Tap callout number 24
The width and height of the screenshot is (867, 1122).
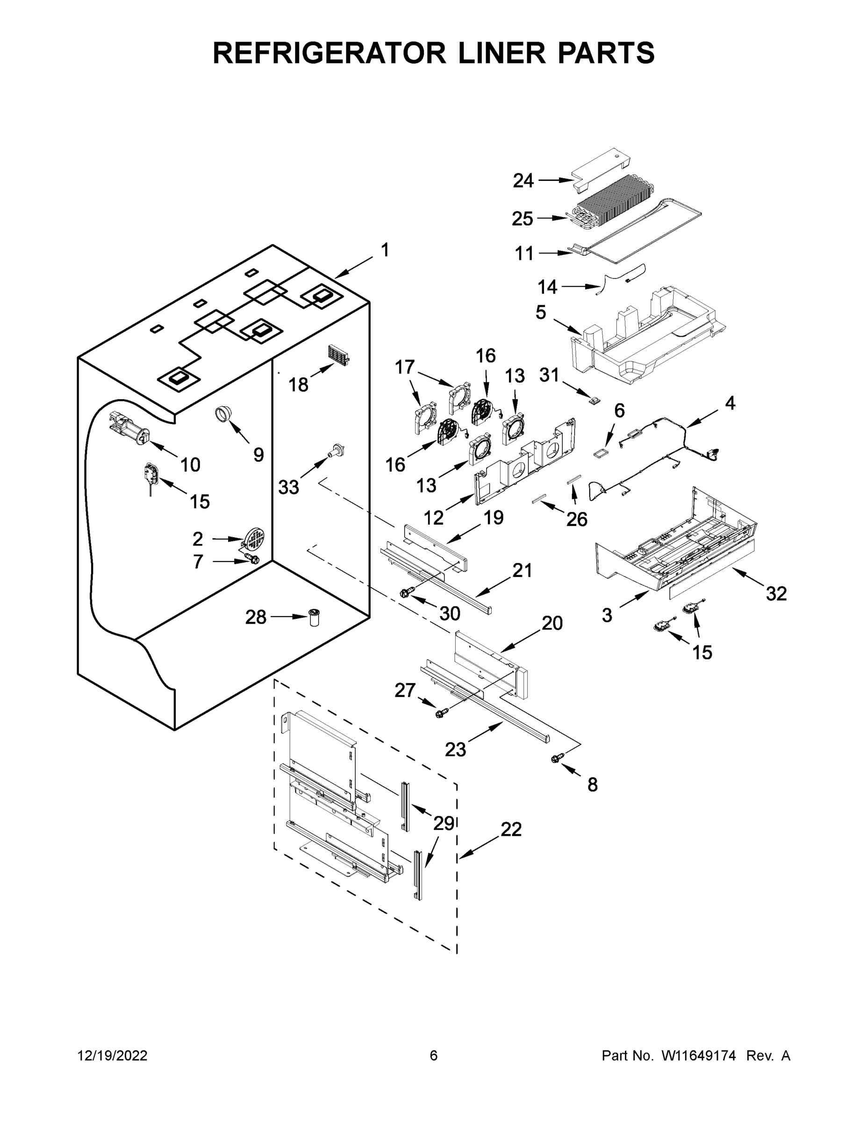pos(523,181)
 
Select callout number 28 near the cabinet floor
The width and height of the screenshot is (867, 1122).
pos(256,617)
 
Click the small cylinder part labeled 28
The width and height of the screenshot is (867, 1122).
pos(313,617)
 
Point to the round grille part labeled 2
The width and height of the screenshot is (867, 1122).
pos(255,539)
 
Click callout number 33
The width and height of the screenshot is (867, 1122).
pos(288,487)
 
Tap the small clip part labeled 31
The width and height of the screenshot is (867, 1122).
pos(595,400)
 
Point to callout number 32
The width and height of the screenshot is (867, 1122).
pos(775,594)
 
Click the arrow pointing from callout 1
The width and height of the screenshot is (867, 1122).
pos(354,268)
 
